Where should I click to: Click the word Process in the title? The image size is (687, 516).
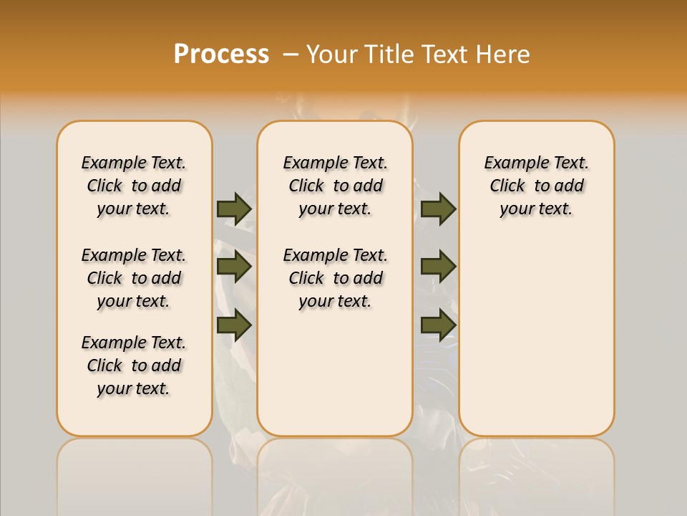221,54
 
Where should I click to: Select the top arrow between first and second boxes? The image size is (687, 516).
234,209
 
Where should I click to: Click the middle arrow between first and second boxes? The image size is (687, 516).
234,267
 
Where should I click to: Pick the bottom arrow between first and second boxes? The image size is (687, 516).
234,325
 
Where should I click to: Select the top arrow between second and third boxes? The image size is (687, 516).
438,209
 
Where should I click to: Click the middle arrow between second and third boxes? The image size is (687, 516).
438,267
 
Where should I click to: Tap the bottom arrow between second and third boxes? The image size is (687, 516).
438,325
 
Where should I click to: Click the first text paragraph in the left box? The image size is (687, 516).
134,186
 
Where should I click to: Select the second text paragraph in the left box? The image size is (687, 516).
134,278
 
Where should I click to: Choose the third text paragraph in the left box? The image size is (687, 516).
134,365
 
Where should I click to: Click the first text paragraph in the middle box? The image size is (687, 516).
335,186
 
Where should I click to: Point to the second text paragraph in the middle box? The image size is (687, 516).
335,278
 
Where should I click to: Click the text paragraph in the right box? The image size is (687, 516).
536,186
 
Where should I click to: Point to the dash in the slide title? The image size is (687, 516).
291,54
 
